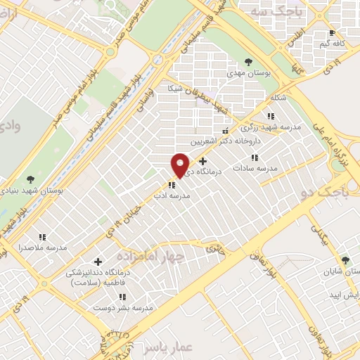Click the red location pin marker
pyautogui.click(x=181, y=165)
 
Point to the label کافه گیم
pyautogui.click(x=333, y=44)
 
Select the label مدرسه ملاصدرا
pyautogui.click(x=46, y=248)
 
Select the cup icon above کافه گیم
pyautogui.click(x=333, y=32)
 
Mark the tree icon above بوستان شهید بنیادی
pyautogui.click(x=29, y=179)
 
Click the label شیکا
pyautogui.click(x=175, y=89)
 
